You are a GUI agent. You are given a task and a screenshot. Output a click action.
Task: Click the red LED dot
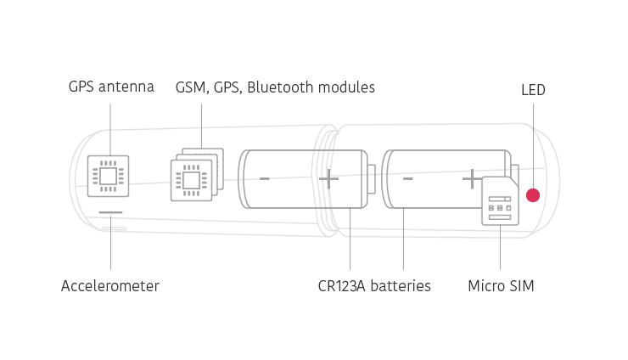click(x=533, y=195)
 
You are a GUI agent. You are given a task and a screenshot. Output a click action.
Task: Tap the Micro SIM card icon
click(x=500, y=201)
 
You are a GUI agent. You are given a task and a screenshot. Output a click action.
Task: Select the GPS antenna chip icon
click(x=108, y=176)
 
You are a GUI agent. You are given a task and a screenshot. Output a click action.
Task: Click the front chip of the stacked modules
click(x=192, y=180)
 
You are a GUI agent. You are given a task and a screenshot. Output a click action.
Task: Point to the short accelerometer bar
click(x=110, y=212)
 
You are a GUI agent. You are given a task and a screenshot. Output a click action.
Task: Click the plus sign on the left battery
click(x=328, y=179)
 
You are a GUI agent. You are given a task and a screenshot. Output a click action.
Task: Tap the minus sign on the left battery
click(x=264, y=178)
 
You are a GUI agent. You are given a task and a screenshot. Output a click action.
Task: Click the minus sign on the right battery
click(x=407, y=178)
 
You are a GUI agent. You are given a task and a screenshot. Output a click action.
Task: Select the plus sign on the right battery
click(x=472, y=179)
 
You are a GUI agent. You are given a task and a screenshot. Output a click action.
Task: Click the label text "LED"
click(x=533, y=90)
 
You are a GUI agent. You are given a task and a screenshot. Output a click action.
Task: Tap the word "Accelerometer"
click(x=110, y=286)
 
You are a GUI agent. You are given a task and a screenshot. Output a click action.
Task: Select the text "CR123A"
click(x=342, y=286)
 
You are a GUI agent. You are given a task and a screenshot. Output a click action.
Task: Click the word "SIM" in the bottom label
click(x=522, y=286)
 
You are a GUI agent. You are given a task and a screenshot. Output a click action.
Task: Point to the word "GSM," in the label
click(x=193, y=87)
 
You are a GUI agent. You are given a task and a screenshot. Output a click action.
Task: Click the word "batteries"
click(x=401, y=286)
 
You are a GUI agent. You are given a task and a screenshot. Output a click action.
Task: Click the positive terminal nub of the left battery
click(x=372, y=179)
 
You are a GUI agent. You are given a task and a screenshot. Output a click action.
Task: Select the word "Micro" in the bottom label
click(x=486, y=286)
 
